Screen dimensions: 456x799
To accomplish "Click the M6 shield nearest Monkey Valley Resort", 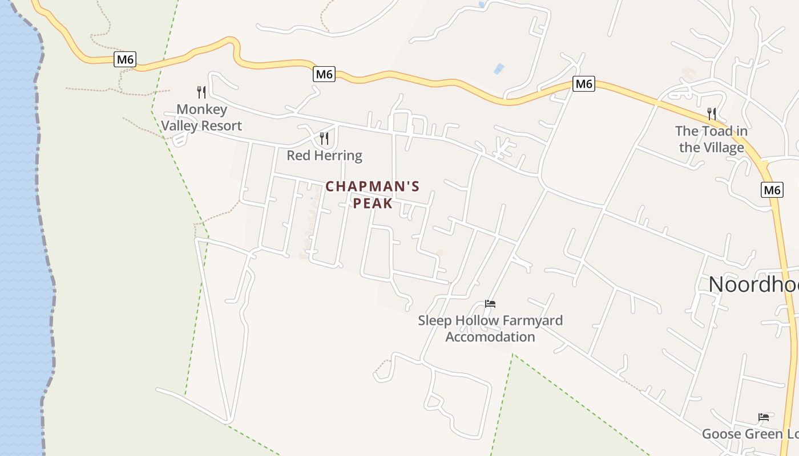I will point(125,59).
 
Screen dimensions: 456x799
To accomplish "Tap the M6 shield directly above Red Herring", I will point(324,74).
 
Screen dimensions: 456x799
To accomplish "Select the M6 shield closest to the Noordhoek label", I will point(772,190).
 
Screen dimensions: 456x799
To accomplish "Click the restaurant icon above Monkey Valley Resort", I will point(201,92).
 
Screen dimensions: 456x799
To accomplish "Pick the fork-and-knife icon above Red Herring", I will point(324,138).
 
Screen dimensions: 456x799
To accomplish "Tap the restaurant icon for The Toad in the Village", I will point(711,113).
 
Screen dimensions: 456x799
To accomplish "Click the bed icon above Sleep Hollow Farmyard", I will point(490,304).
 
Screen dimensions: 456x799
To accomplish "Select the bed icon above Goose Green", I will point(763,417).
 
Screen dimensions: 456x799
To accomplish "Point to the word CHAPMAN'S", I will point(373,186).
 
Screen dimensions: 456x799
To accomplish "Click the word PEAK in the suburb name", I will point(373,203).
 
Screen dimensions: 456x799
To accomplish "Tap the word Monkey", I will point(201,109).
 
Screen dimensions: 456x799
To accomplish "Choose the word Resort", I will point(221,126).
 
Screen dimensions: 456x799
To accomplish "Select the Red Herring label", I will point(324,156).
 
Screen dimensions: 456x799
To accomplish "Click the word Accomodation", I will point(490,337).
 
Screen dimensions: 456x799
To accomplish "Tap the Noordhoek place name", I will point(753,284).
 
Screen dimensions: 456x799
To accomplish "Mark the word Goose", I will point(720,434).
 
